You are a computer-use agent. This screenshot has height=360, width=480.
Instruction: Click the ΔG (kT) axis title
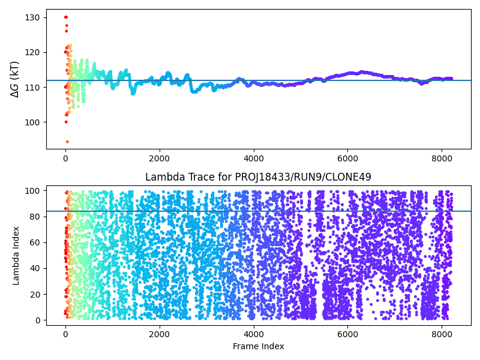click(15, 79)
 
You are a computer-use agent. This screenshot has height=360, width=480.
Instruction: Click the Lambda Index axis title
click(16, 255)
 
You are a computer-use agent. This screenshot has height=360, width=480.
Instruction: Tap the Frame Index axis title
click(258, 346)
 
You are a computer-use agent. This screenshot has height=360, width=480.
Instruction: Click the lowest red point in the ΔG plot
click(67, 142)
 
